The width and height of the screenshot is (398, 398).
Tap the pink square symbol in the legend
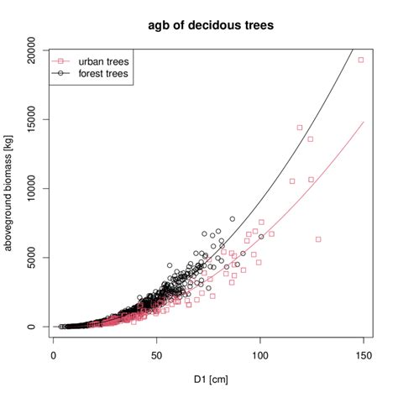click(62, 61)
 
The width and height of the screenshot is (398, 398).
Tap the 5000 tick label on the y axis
click(34, 258)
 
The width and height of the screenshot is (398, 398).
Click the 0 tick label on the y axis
click(34, 327)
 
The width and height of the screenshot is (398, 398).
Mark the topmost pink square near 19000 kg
click(361, 60)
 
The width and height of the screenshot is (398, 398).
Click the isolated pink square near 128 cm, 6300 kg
click(318, 239)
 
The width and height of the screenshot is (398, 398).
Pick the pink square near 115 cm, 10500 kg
click(292, 181)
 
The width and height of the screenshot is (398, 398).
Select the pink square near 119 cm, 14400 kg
click(300, 128)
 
